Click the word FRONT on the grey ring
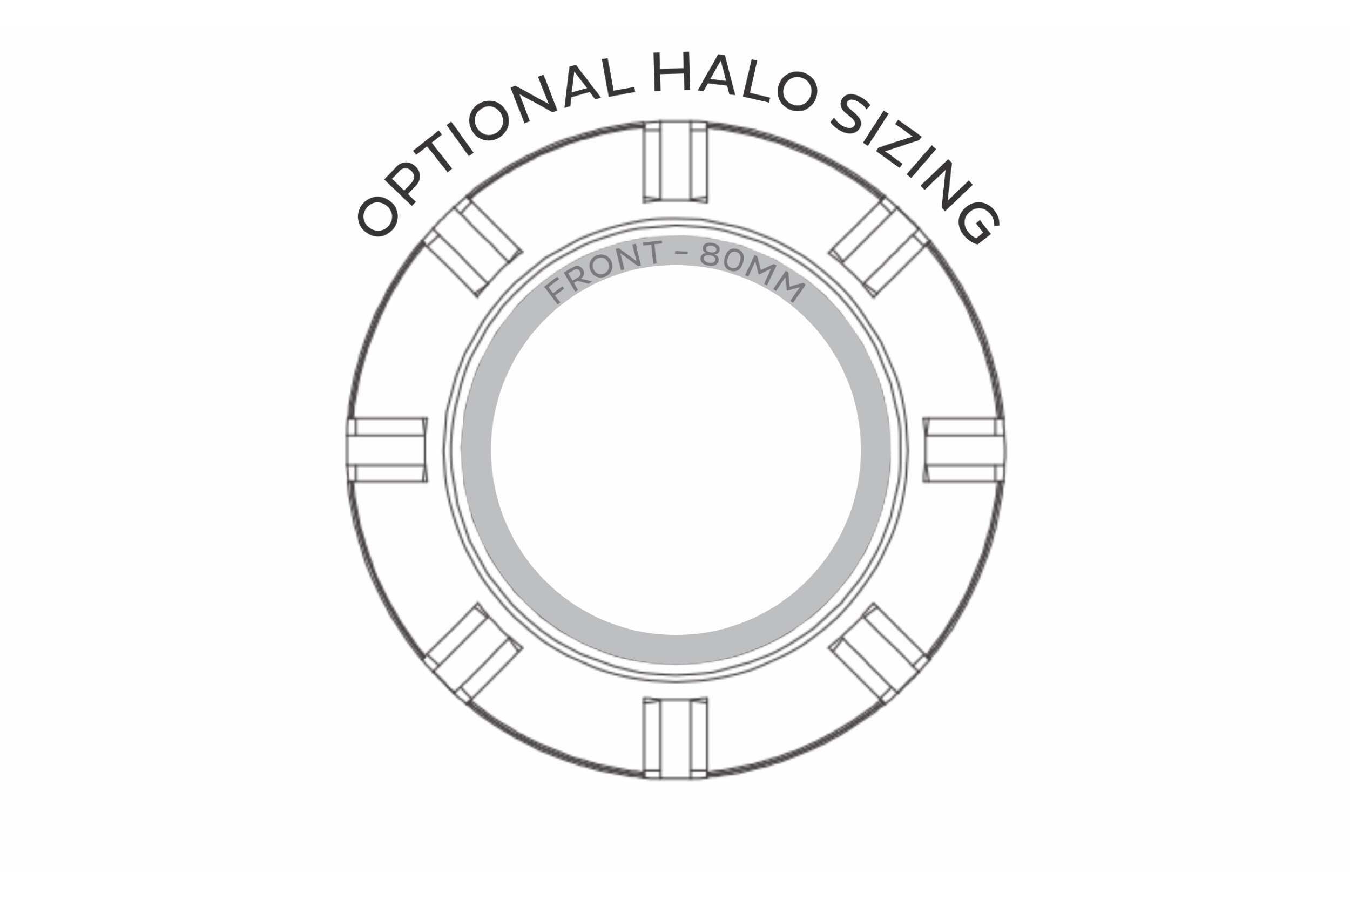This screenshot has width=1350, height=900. [603, 270]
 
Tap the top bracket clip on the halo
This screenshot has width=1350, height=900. [675, 161]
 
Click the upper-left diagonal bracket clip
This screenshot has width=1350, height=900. [473, 247]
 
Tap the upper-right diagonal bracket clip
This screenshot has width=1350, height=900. [879, 247]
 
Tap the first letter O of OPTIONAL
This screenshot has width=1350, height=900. [377, 217]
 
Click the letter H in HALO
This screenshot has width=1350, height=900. [672, 72]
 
